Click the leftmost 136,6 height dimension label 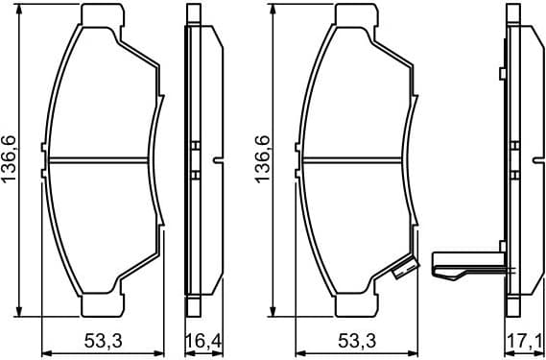tap(12, 160)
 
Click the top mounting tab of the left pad tap(103, 15)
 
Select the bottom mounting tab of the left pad tap(103, 305)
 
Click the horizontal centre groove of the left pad tap(101, 160)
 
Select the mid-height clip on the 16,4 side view tap(196, 160)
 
